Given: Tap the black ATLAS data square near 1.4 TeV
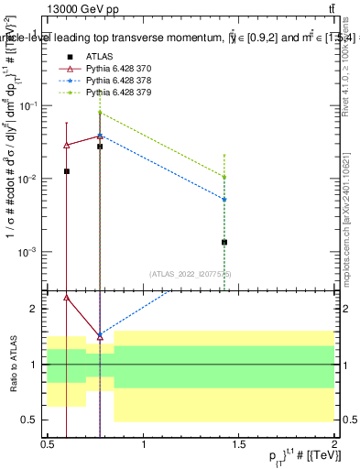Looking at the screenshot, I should tap(224, 242).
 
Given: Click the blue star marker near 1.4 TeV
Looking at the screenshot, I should tap(224, 199).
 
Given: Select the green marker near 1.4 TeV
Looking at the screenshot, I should tap(224, 177).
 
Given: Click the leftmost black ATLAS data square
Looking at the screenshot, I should tap(66, 171).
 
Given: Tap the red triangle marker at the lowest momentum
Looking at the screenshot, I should tap(66, 145).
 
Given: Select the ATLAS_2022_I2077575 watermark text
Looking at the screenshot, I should tap(191, 273).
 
